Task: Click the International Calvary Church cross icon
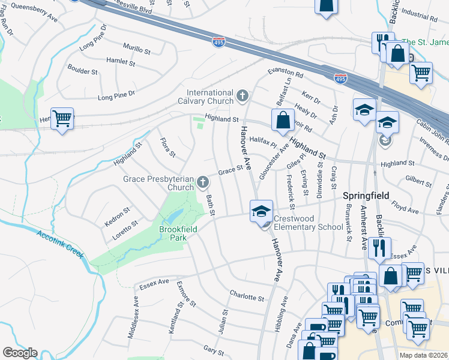coord(242,96)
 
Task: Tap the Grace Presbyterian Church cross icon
coord(203,182)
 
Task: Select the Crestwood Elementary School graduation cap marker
coord(261,211)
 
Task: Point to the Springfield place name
coord(366,196)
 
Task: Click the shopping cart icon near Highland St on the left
coord(62,118)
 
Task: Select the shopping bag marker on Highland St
coord(283,120)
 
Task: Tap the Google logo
coord(20,353)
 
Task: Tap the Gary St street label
coord(209,349)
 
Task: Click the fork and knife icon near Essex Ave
coord(379,248)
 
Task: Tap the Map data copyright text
coord(423,355)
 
